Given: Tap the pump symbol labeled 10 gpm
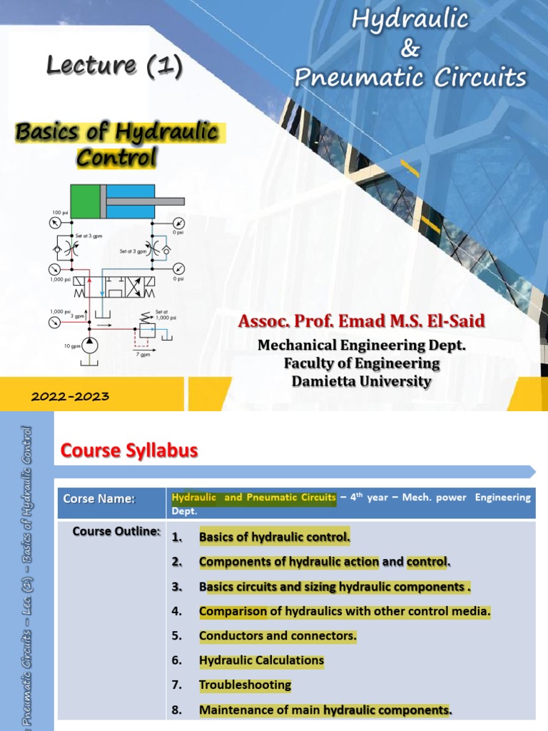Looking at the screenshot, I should [91, 345].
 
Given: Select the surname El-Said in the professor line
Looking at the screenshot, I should [453, 322].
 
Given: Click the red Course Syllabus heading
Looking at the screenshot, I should [128, 450].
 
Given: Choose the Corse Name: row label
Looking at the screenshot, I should [99, 499].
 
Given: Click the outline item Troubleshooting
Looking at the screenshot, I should [245, 685].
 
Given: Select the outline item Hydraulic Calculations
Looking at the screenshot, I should [261, 660].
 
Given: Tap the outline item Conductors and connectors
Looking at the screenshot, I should [278, 635].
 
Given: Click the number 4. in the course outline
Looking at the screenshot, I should [177, 611].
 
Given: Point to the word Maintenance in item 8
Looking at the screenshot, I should [235, 710].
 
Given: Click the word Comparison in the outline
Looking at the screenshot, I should [230, 611].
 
